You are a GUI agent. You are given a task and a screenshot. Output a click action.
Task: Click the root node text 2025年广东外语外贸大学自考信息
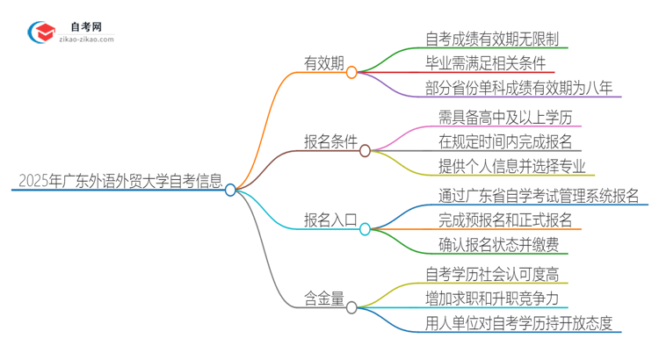click(x=119, y=182)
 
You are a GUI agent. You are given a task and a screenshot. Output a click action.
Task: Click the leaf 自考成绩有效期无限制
click(x=492, y=39)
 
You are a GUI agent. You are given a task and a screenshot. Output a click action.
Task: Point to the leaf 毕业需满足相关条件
click(x=485, y=63)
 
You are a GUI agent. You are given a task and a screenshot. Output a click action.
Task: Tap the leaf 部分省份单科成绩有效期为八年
click(x=511, y=88)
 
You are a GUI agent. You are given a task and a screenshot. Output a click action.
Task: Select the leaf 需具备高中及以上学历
click(x=511, y=117)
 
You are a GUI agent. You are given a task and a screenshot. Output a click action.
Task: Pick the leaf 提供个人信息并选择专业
click(x=511, y=166)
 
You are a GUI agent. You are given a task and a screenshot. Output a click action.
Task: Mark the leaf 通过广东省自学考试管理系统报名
click(x=538, y=195)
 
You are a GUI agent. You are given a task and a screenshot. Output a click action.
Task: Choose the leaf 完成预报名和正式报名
click(x=505, y=220)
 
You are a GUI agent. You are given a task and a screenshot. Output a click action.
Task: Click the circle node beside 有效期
click(x=351, y=73)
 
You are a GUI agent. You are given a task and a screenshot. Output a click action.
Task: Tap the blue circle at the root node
click(x=230, y=190)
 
